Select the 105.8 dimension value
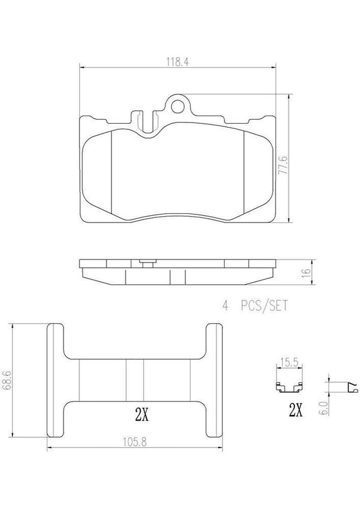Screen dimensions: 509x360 click(x=134, y=440)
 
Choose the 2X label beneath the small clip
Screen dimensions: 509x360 click(x=295, y=411)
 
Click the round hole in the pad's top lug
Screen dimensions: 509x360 click(x=178, y=105)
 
